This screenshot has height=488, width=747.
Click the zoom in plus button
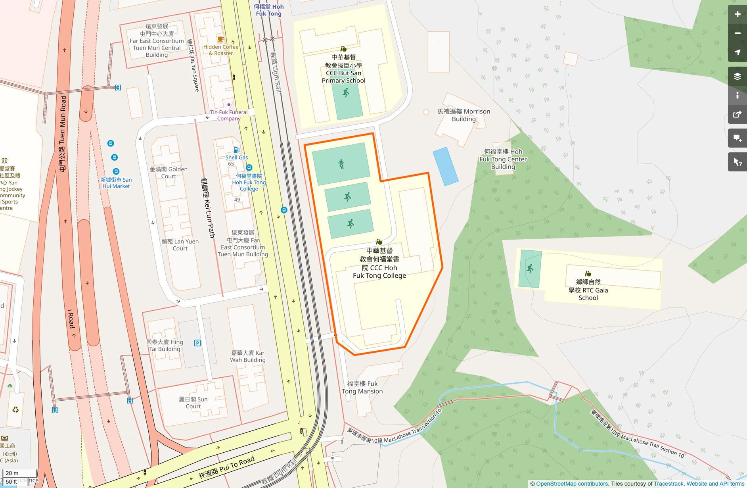pos(737,14)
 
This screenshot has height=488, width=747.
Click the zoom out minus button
pos(737,33)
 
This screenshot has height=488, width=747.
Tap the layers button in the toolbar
pos(737,76)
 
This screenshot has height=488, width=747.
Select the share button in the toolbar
pos(737,114)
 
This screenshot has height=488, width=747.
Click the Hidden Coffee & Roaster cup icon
pos(220,39)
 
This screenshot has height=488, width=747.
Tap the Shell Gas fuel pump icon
pos(236,150)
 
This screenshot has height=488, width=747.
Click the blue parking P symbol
pos(197,343)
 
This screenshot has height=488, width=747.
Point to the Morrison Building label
pos(464,115)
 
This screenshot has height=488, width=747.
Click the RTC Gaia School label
pos(588,290)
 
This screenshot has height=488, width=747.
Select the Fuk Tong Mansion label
pos(362,387)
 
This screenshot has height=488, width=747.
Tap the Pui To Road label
pos(226,467)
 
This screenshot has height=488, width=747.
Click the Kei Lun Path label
pos(208,208)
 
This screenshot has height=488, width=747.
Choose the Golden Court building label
pos(169,173)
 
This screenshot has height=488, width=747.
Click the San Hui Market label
pos(116,183)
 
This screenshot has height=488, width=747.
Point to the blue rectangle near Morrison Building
pos(445,166)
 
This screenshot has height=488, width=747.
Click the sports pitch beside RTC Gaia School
pos(530,269)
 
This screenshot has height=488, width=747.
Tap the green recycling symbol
pos(15,409)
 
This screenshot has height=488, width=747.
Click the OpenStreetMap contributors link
pos(572,484)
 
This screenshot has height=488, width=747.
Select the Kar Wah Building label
pos(248,356)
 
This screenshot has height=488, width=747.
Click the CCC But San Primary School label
pos(343,69)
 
